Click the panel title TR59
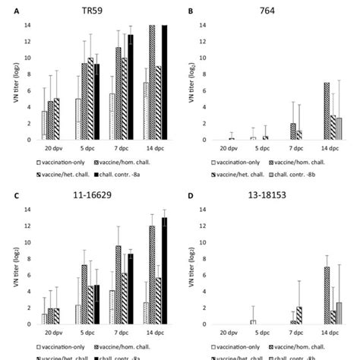[x=94, y=12]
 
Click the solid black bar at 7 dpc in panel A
[x=130, y=87]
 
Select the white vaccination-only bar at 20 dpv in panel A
[x=45, y=125]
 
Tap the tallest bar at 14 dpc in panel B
[x=305, y=111]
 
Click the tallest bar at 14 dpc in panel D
[x=305, y=296]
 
